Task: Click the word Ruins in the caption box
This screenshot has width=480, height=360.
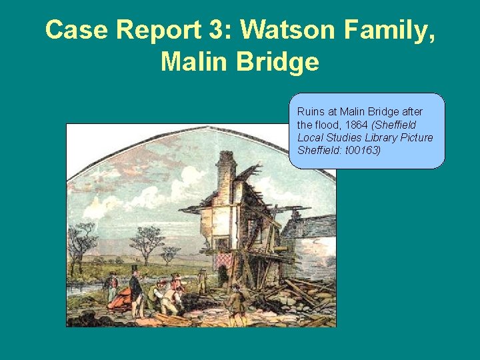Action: (309, 111)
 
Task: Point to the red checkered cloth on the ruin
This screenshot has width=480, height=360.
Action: (223, 260)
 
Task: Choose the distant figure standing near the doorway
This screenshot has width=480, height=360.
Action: (202, 280)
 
